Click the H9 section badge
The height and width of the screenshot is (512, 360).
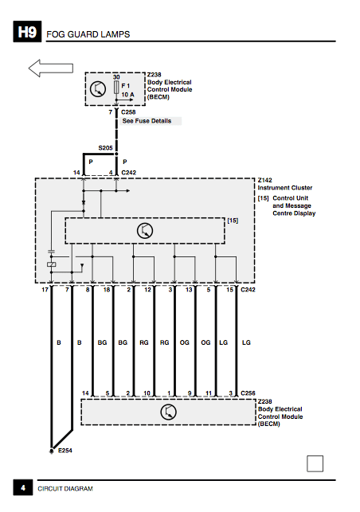pos(27,32)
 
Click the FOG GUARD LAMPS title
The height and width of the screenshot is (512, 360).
pos(88,34)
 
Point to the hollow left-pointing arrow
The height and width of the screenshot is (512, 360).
pos(51,68)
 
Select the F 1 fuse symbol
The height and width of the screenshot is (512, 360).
pos(116,88)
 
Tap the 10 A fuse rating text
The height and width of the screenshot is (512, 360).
pos(127,95)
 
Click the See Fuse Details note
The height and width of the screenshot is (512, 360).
pos(147,121)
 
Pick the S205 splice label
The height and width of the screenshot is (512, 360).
pos(105,148)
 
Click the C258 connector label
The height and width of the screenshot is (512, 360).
pos(128,112)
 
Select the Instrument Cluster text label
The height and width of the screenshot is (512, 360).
pos(285,188)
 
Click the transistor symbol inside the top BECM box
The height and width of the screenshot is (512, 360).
pos(98,89)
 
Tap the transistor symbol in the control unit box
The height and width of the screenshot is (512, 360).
pos(145,231)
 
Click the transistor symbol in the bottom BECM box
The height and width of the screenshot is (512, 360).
pos(169,412)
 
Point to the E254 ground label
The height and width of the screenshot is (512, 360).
pos(65,450)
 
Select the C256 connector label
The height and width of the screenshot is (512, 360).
pos(248,393)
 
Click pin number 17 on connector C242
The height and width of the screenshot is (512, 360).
pos(45,290)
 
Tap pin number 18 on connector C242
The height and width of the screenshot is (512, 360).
pos(107,290)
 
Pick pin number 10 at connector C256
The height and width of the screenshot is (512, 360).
pos(147,393)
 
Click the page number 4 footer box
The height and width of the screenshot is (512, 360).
pos(23,487)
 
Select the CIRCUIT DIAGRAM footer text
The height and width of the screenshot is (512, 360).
pos(65,488)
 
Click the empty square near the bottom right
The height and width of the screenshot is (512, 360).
pos(315,463)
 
